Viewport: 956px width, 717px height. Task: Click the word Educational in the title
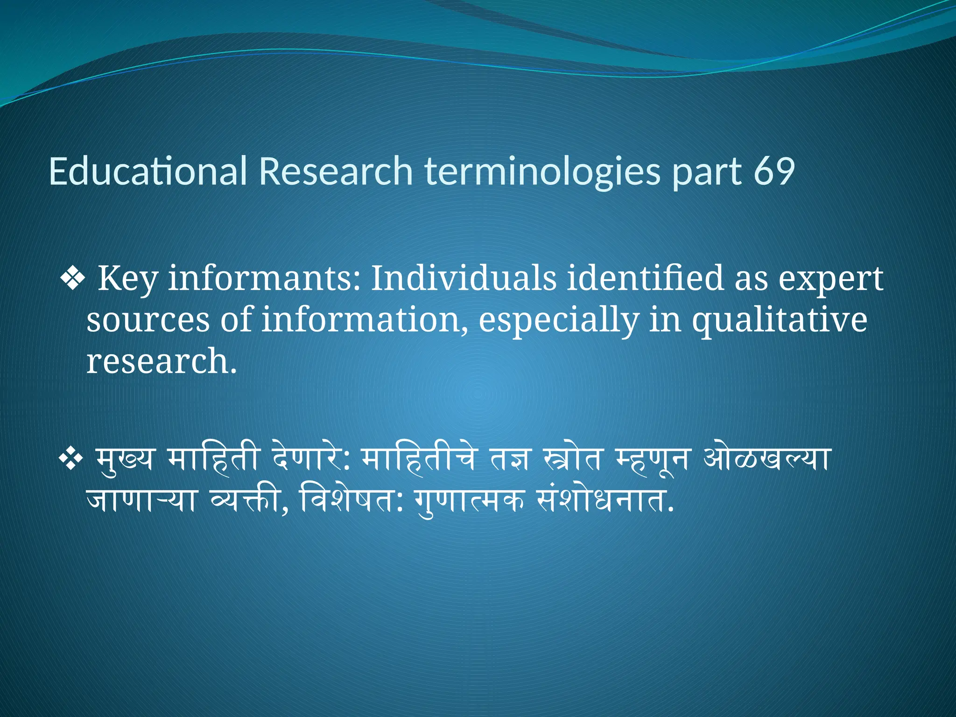pyautogui.click(x=148, y=171)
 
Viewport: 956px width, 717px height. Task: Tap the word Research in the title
pyautogui.click(x=336, y=171)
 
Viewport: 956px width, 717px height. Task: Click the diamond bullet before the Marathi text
pyautogui.click(x=70, y=460)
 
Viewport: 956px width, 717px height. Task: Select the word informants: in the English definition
pyautogui.click(x=264, y=279)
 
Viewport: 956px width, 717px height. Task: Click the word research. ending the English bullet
pyautogui.click(x=162, y=362)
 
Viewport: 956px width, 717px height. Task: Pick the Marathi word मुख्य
pyautogui.click(x=124, y=460)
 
